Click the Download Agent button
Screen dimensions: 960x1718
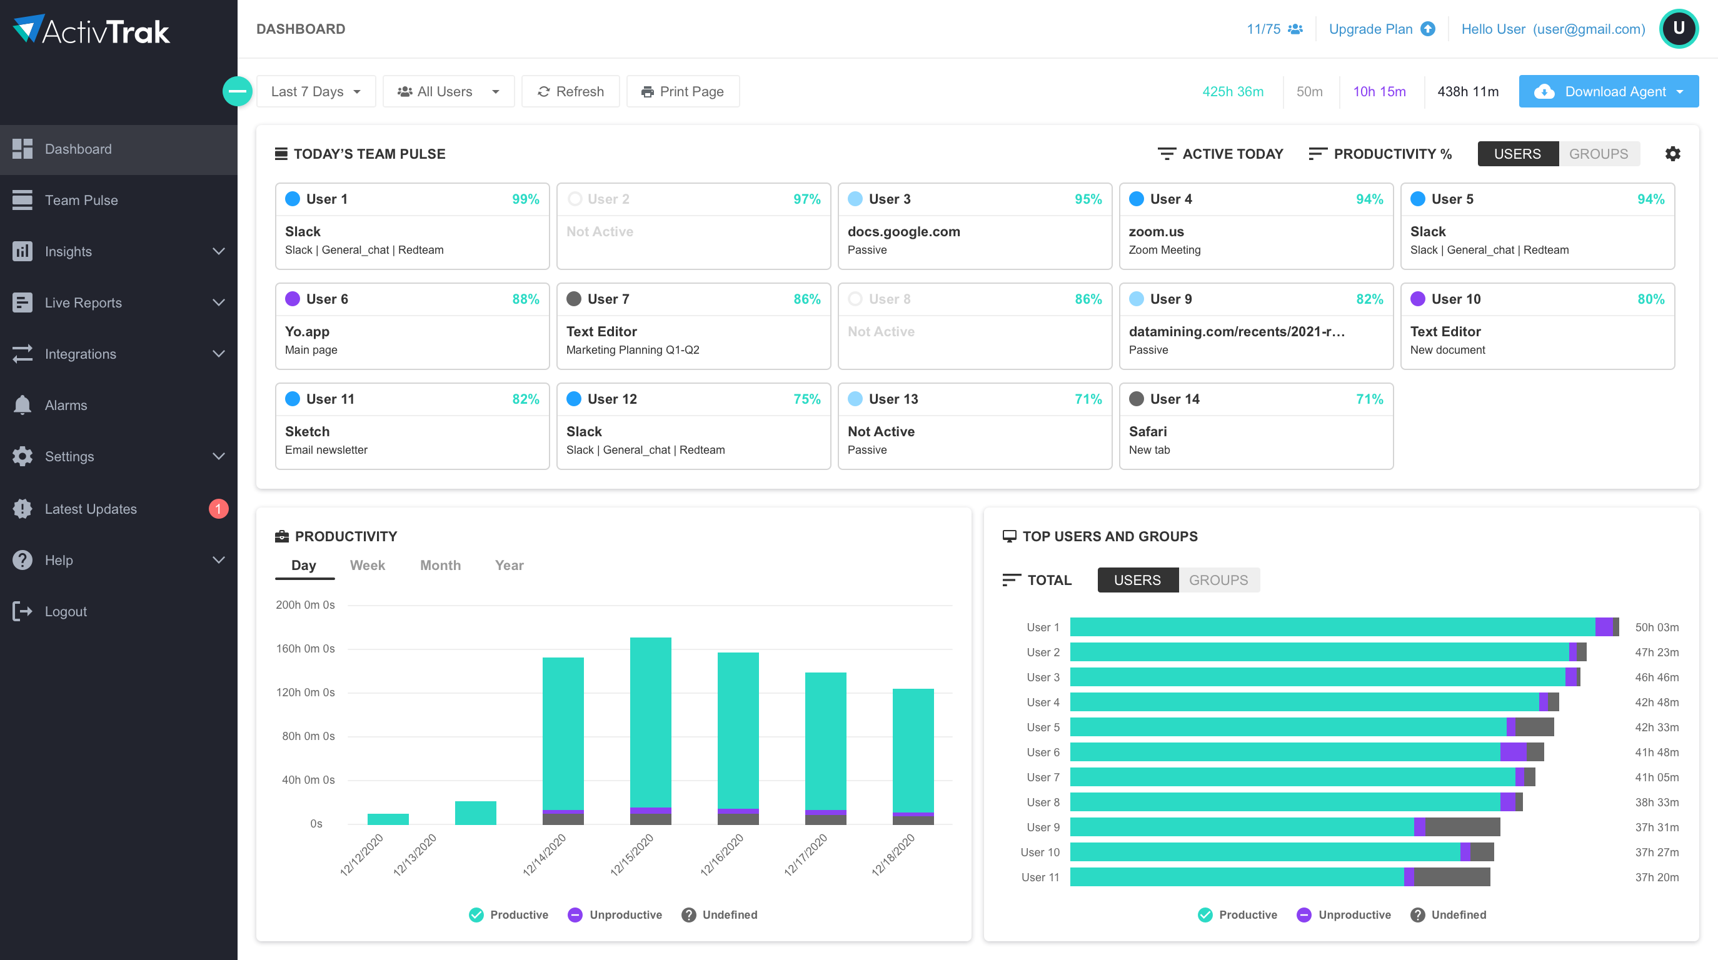[x=1607, y=91]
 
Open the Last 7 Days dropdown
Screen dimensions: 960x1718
[x=316, y=91]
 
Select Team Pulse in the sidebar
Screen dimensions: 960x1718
[x=81, y=200]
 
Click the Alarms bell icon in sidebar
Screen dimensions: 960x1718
[x=22, y=404]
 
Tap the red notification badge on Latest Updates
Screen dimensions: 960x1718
[x=218, y=509]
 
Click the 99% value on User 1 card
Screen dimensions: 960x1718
[x=525, y=199]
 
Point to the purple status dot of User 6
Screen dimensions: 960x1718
[x=292, y=299]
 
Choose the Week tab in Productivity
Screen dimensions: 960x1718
[x=367, y=566]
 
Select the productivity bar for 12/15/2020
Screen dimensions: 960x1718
[x=650, y=727]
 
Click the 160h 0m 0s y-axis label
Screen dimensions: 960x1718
[x=306, y=649]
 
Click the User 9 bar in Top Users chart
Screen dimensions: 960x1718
[x=1284, y=827]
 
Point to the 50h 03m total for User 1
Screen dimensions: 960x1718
[x=1656, y=627]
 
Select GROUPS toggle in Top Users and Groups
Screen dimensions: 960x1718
[x=1218, y=580]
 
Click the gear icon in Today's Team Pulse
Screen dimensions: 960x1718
[x=1672, y=154]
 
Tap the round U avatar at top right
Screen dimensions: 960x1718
[x=1678, y=29]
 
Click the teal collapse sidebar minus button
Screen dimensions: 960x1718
[x=238, y=91]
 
